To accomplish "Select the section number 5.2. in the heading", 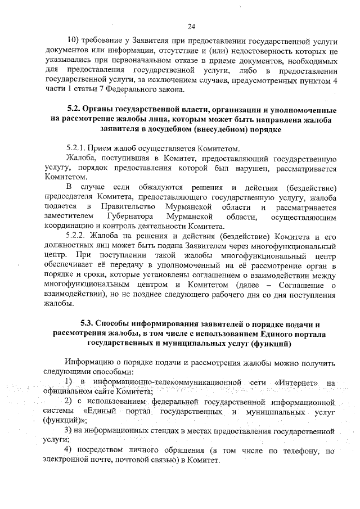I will (x=76, y=109).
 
